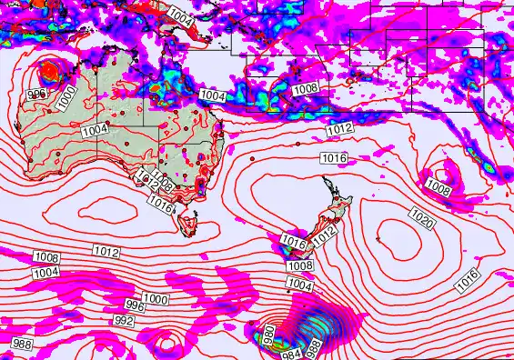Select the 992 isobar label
pyautogui.click(x=123, y=321)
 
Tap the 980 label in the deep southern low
pyautogui.click(x=268, y=335)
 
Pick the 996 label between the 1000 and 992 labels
pyautogui.click(x=135, y=305)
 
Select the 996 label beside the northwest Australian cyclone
pyautogui.click(x=36, y=94)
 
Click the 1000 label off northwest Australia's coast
pyautogui.click(x=66, y=98)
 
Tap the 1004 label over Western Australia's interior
pyautogui.click(x=95, y=130)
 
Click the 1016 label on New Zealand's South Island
pyautogui.click(x=293, y=242)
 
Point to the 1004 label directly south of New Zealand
pyautogui.click(x=300, y=285)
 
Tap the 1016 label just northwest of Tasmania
pyautogui.click(x=160, y=206)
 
